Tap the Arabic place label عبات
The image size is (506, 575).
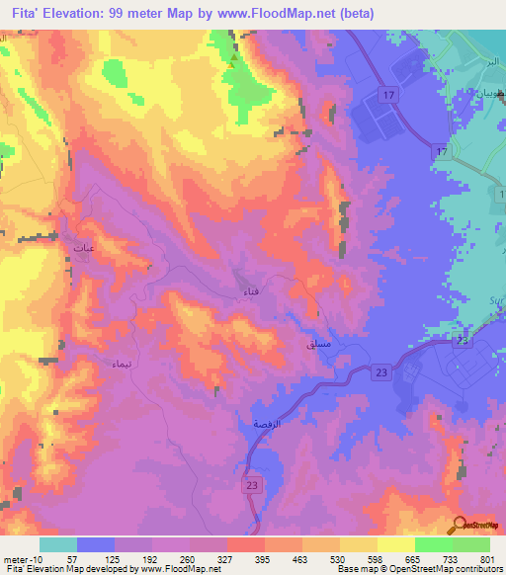(x=84, y=248)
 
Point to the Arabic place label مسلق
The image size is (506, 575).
(x=320, y=344)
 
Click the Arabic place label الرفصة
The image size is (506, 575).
(x=254, y=424)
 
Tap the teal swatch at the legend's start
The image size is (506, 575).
(x=58, y=544)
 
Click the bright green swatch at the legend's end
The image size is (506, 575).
(x=471, y=544)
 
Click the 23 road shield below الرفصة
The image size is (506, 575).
(x=252, y=485)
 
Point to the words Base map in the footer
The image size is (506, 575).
(x=354, y=570)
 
